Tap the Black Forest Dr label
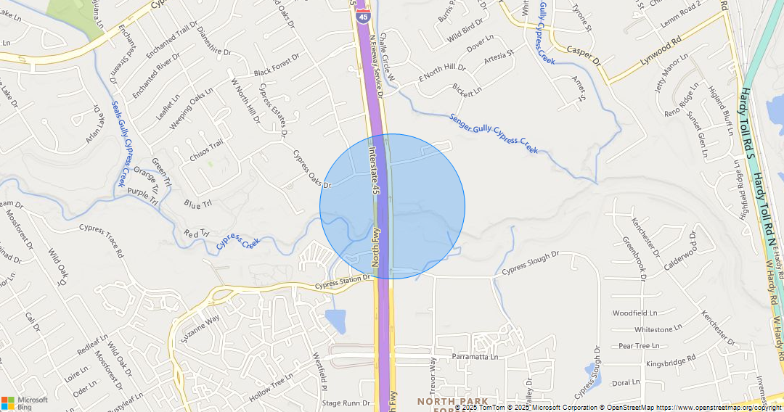click(x=276, y=65)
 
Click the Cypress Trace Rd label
click(x=102, y=240)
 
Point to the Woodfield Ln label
click(x=634, y=313)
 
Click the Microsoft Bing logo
click(x=25, y=403)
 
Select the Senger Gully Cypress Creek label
click(x=494, y=133)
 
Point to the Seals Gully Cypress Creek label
click(x=122, y=144)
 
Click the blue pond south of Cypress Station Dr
click(x=335, y=321)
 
